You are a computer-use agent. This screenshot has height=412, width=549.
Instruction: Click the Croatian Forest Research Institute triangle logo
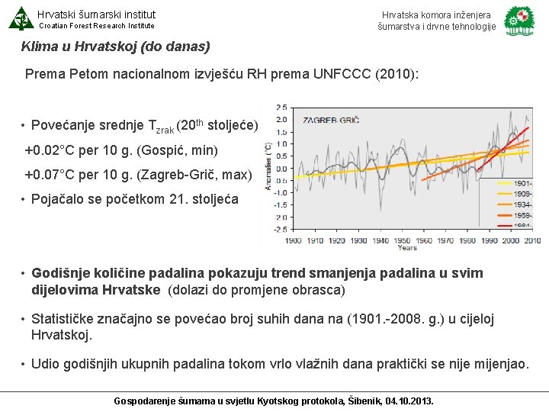tap(20, 18)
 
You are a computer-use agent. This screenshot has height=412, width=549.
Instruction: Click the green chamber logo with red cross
tap(520, 21)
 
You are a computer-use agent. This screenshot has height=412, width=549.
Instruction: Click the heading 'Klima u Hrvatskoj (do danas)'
tap(116, 47)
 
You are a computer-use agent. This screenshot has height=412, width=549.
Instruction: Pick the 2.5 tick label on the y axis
tap(281, 107)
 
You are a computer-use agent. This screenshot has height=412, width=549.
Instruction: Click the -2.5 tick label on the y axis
tap(280, 228)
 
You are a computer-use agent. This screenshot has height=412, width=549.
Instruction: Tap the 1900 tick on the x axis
tap(294, 240)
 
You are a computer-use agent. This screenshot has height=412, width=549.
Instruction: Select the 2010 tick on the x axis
tap(531, 240)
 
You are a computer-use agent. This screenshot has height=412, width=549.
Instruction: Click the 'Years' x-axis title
tap(406, 248)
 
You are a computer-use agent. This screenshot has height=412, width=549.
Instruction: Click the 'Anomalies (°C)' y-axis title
tap(269, 167)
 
